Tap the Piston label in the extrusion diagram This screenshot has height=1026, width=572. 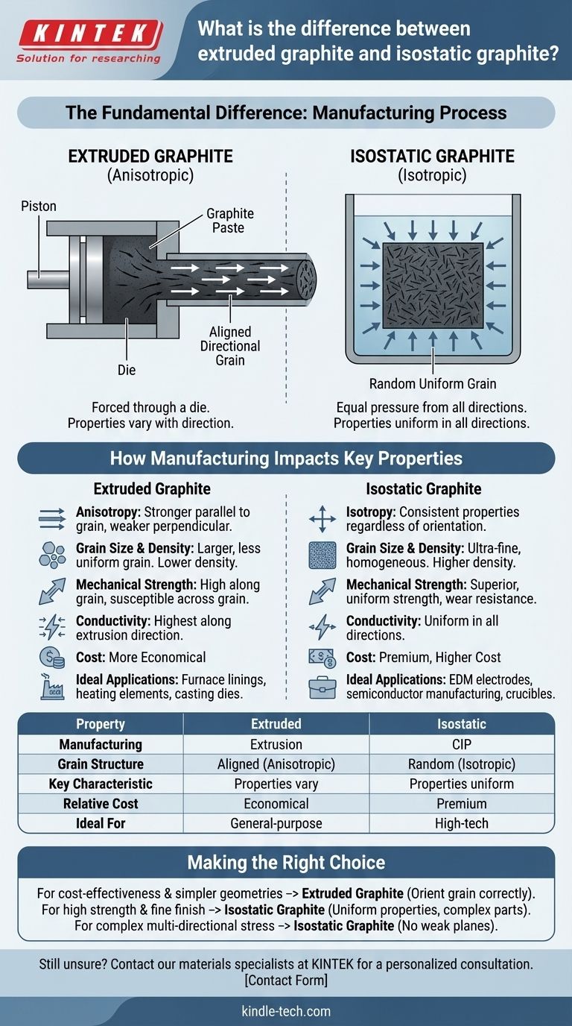39,205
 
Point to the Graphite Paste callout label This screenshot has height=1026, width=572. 229,221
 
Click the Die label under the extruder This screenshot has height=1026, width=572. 127,369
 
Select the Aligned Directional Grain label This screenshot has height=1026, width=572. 230,345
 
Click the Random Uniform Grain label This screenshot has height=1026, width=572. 433,384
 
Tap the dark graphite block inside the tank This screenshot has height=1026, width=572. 433,286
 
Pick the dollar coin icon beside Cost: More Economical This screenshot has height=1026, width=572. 51,658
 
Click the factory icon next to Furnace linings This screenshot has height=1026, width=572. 51,687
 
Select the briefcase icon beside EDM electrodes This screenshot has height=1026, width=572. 322,687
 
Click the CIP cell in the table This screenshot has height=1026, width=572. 462,744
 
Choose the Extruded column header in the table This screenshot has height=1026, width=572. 276,724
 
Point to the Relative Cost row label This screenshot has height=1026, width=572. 101,804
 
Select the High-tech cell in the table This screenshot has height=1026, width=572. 462,823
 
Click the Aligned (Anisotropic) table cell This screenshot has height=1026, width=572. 276,764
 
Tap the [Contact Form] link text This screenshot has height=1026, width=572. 286,980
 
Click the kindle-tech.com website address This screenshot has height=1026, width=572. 286,1012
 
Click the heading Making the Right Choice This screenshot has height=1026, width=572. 286,863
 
